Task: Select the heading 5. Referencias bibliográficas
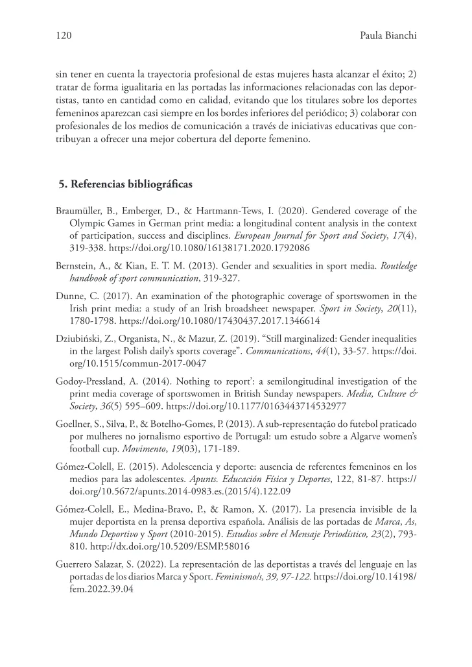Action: coord(125,184)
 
